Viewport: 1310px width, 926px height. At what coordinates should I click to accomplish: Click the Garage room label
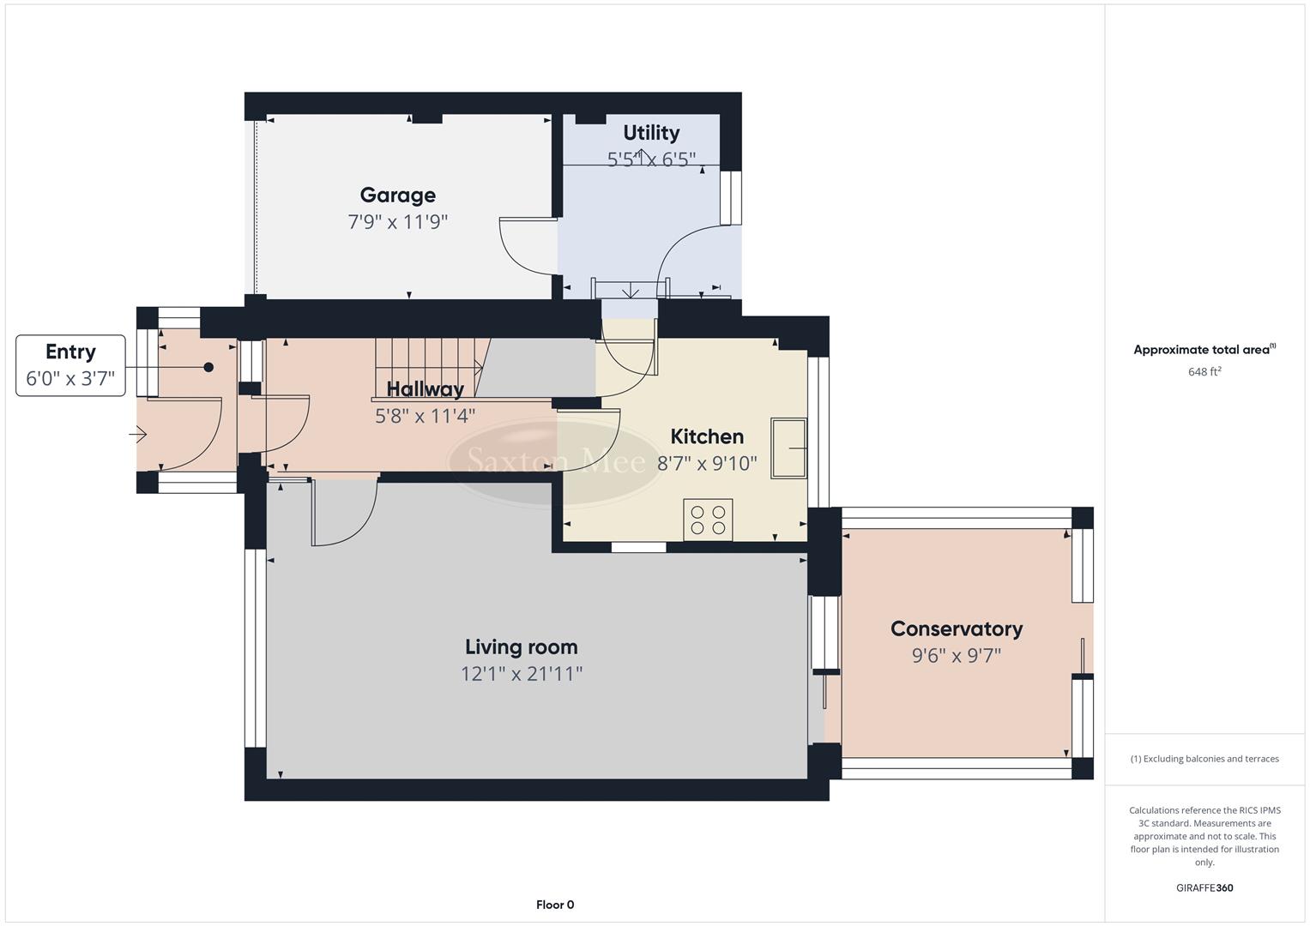397,195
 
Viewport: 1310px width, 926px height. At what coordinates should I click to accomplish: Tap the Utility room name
651,133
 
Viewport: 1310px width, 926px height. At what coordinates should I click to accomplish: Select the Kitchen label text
706,436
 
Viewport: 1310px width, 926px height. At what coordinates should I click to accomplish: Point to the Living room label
521,647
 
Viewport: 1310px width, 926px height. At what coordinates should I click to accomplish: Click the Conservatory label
956,629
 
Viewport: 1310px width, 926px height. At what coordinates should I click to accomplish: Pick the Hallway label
425,389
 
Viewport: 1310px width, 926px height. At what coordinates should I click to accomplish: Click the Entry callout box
70,365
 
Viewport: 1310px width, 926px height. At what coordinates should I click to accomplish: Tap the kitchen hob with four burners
708,520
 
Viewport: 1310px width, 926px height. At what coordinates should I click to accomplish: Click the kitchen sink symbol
788,448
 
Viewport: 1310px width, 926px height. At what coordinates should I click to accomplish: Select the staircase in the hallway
429,367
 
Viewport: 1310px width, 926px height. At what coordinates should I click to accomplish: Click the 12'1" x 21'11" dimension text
521,674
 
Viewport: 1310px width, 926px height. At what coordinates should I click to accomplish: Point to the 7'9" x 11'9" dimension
397,222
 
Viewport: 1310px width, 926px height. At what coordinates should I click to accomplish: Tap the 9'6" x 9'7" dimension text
956,656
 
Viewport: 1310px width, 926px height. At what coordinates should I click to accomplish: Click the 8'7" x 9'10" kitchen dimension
706,464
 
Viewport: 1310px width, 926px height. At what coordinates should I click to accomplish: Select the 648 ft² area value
1204,372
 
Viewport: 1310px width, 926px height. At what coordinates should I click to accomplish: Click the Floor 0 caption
554,905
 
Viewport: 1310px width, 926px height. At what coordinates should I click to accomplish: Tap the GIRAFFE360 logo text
1204,887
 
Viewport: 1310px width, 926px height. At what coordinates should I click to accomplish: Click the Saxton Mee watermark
555,462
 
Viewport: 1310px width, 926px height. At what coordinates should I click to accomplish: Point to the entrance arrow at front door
138,436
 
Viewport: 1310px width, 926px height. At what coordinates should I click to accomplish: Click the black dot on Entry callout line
208,367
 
